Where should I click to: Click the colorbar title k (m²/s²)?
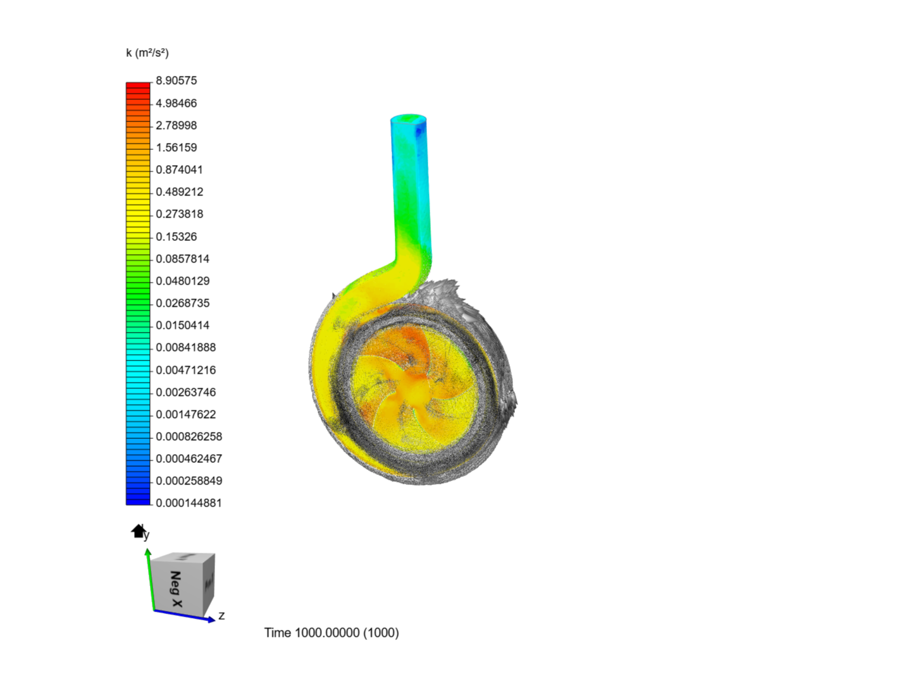pyautogui.click(x=147, y=52)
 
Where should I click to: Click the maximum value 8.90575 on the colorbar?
pyautogui.click(x=176, y=80)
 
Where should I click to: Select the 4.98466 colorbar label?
pyautogui.click(x=176, y=103)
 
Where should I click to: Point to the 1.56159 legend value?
pyautogui.click(x=176, y=147)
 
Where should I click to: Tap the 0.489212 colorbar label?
pyautogui.click(x=179, y=192)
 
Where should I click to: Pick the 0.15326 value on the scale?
pyautogui.click(x=176, y=237)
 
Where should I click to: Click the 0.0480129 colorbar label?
pyautogui.click(x=182, y=281)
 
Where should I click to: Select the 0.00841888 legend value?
pyautogui.click(x=185, y=347)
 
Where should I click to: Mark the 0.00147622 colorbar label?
pyautogui.click(x=185, y=414)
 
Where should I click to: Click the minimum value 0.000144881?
pyautogui.click(x=189, y=503)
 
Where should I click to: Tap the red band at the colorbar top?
pyautogui.click(x=138, y=86)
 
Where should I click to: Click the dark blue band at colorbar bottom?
pyautogui.click(x=138, y=500)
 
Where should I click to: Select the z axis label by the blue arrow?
pyautogui.click(x=221, y=615)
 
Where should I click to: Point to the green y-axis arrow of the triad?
pyautogui.click(x=150, y=579)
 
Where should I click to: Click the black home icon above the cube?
pyautogui.click(x=138, y=531)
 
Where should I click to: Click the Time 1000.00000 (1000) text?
pyautogui.click(x=332, y=632)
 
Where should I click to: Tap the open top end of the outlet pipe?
pyautogui.click(x=408, y=118)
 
